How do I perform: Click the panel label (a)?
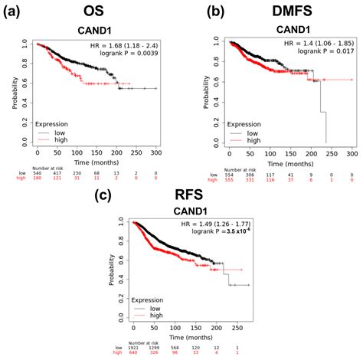click(x=17, y=11)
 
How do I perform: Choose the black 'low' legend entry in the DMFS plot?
click(x=237, y=134)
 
